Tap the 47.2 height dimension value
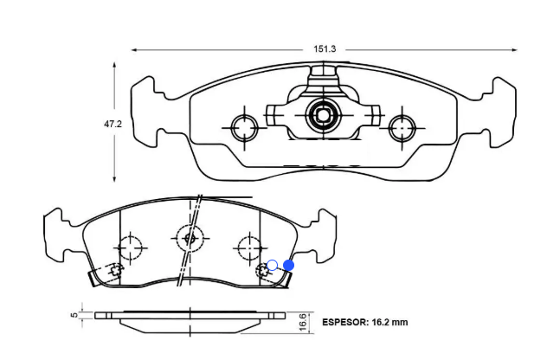point(113,125)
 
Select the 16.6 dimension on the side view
point(302,321)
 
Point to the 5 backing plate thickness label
point(74,315)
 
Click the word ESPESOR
point(344,322)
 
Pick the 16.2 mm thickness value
point(389,322)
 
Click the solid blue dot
point(289,266)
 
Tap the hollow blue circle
point(272,265)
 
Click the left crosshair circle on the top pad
point(244,128)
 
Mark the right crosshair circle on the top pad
point(402,128)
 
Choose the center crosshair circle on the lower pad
point(190,235)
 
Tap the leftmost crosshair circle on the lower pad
point(129,248)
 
